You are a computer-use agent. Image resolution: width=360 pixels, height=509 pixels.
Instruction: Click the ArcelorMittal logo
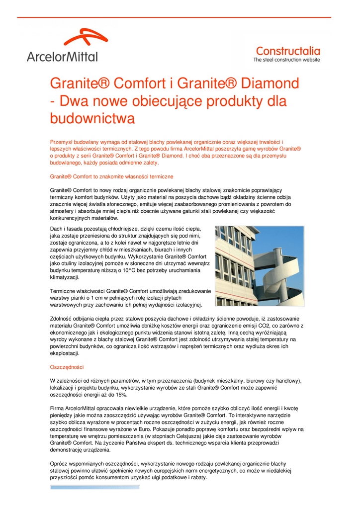(62, 46)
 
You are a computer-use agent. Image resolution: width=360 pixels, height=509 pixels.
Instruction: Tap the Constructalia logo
(287, 53)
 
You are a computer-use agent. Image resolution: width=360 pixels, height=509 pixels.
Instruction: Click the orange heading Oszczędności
(67, 367)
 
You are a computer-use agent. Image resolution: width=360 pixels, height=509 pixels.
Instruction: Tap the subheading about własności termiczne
(112, 176)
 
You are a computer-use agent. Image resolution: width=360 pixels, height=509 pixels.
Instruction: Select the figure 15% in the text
(121, 395)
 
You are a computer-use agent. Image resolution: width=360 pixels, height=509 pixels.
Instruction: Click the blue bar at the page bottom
(94, 487)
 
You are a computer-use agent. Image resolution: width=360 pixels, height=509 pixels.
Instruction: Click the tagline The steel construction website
(287, 60)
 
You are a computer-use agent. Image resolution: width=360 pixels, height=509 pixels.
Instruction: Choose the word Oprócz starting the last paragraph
(60, 463)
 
